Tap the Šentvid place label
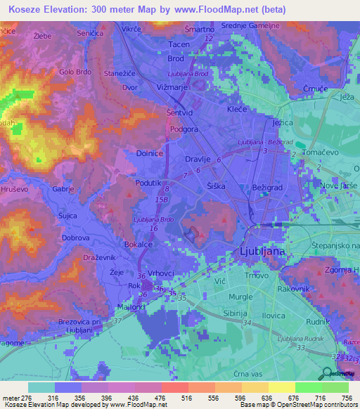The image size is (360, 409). [181, 112]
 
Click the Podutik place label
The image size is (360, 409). [149, 182]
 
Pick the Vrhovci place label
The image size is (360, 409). [161, 273]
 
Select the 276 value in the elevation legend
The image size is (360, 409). [22, 398]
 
